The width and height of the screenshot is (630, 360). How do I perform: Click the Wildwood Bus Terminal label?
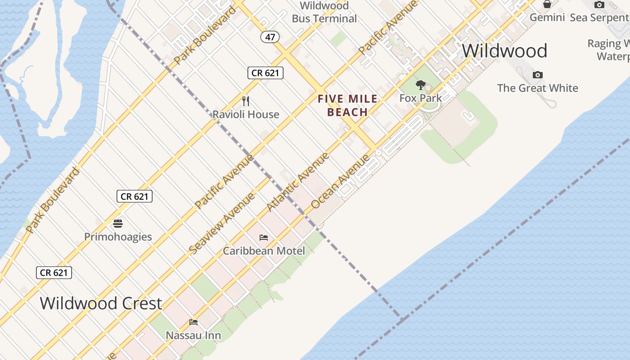pyautogui.click(x=324, y=12)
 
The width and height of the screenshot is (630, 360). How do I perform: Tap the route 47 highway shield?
pyautogui.click(x=270, y=37)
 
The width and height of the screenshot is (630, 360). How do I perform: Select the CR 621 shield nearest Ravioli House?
pyautogui.click(x=265, y=72)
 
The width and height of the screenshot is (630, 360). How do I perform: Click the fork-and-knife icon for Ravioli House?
pyautogui.click(x=246, y=101)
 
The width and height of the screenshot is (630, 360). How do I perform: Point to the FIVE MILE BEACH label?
pyautogui.click(x=347, y=105)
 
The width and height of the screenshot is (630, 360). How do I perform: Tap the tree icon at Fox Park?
pyautogui.click(x=421, y=85)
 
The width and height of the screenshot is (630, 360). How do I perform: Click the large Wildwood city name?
pyautogui.click(x=504, y=51)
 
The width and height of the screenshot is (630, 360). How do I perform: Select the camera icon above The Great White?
pyautogui.click(x=537, y=75)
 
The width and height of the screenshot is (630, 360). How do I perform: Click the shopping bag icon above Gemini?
pyautogui.click(x=547, y=4)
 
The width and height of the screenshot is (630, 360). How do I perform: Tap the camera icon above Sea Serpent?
pyautogui.click(x=599, y=5)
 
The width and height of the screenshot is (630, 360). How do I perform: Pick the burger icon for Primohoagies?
pyautogui.click(x=118, y=223)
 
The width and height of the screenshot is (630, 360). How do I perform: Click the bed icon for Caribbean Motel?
pyautogui.click(x=264, y=237)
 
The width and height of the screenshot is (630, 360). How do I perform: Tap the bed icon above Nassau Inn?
pyautogui.click(x=193, y=322)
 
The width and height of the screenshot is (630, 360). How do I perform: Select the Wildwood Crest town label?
pyautogui.click(x=101, y=303)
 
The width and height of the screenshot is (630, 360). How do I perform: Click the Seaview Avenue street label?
pyautogui.click(x=222, y=222)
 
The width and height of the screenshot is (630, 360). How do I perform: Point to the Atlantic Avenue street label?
pyautogui.click(x=298, y=182)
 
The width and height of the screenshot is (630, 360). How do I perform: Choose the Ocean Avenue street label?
pyautogui.click(x=340, y=181)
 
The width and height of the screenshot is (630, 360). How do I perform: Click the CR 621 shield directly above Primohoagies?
pyautogui.click(x=135, y=196)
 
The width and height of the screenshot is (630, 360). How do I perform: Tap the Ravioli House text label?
pyautogui.click(x=246, y=114)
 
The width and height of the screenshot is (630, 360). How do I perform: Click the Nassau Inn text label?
pyautogui.click(x=193, y=335)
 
